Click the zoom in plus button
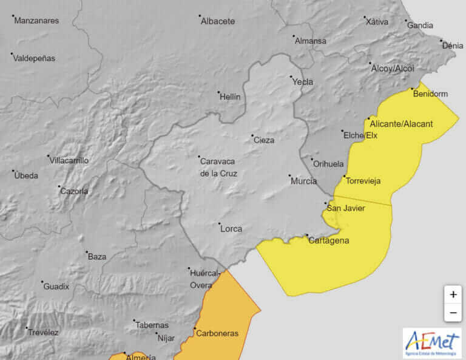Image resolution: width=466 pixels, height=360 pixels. pos(453,294)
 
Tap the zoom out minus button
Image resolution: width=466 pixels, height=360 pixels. pos(453,313)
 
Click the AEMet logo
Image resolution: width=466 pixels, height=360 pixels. pos(431,343)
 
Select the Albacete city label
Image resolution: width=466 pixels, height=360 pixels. pos(217,21)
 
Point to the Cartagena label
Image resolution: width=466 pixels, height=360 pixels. pos(328,240)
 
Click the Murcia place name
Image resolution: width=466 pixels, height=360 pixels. pos(303,181)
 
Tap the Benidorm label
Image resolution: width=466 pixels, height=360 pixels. pos(430,94)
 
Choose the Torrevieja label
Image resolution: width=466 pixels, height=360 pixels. pos(363,180)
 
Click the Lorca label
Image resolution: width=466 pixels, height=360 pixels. pos(231,229)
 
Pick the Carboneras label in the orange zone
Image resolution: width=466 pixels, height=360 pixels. pos(217,333)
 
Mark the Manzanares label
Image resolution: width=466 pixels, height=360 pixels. pos(36,21)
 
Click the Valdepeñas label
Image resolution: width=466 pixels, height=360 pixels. pos(34,58)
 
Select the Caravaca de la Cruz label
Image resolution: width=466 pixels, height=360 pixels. pos(218,167)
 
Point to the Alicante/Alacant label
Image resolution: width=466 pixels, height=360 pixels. pos(401,124)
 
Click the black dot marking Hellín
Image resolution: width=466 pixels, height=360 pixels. pos(219,92)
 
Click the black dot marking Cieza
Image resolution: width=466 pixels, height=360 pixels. pos(253,135)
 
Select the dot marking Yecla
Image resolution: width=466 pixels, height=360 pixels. pos(291,77)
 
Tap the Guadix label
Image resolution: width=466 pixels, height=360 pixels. pos(56,287)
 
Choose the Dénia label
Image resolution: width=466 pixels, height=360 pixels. pos(453,46)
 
